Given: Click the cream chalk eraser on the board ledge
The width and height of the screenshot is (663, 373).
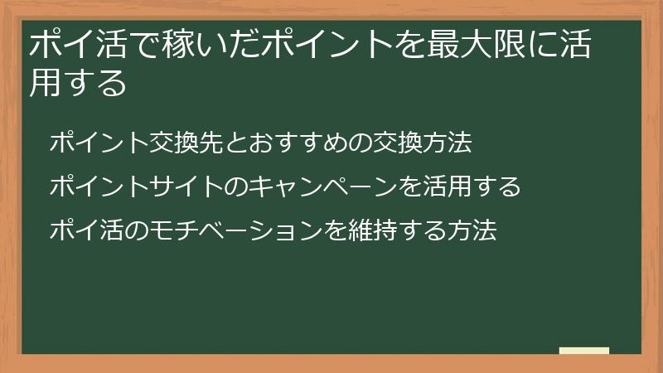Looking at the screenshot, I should (x=584, y=351).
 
